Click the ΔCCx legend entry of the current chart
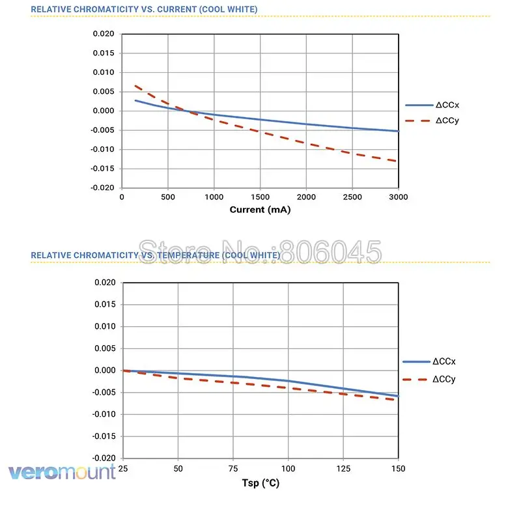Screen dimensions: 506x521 (449, 105)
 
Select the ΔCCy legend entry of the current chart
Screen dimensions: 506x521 (449, 120)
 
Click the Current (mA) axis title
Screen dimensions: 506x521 (260, 210)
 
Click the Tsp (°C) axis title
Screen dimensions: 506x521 (260, 484)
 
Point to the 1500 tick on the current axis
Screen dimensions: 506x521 (260, 197)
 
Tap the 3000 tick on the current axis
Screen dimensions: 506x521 (398, 197)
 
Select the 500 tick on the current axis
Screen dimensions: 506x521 (168, 197)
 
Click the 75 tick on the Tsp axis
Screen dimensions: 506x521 (233, 469)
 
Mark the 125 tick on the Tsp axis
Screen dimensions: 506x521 (343, 469)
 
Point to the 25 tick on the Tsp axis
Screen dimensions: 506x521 (123, 469)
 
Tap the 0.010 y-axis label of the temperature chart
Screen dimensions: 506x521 (104, 326)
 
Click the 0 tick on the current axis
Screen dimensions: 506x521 (122, 197)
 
